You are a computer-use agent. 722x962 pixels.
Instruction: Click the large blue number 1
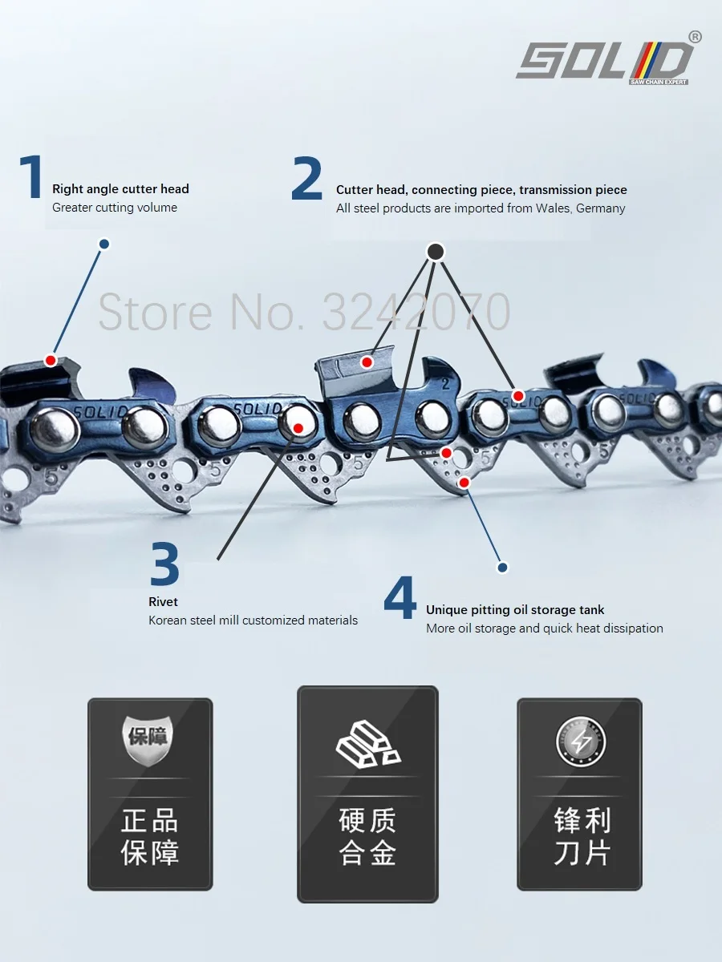click(31, 178)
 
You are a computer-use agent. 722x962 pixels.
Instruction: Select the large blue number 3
click(164, 564)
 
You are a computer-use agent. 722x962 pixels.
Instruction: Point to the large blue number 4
click(400, 597)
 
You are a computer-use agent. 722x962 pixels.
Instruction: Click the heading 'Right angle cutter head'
click(120, 189)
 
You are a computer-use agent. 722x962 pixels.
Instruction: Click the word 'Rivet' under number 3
click(163, 601)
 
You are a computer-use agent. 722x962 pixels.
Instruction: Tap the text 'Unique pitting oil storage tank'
click(515, 610)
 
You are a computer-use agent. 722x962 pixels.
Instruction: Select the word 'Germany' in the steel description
click(600, 208)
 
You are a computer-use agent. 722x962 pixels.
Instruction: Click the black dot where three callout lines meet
click(435, 252)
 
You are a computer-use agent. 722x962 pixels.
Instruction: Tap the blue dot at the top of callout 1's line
click(103, 244)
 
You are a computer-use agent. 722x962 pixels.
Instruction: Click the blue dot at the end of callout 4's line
click(503, 568)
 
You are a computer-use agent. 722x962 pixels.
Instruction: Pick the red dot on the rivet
click(298, 429)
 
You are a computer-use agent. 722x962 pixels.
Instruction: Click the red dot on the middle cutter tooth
click(367, 362)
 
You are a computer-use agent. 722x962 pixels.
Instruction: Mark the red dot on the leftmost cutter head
click(51, 361)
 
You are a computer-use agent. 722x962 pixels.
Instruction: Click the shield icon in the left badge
click(149, 735)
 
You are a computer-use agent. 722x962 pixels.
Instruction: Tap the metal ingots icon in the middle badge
click(367, 742)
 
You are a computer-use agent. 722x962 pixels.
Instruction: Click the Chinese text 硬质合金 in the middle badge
click(367, 836)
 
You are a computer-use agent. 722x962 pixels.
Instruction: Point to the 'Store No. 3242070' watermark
click(304, 312)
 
